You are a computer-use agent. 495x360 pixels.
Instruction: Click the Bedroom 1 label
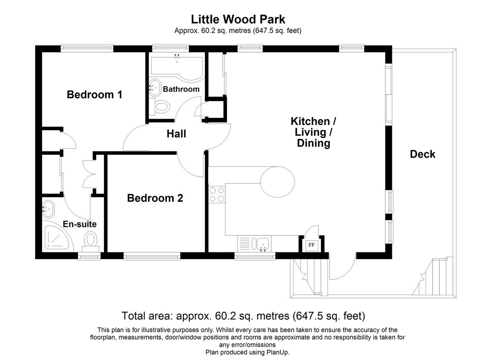pyautogui.click(x=94, y=94)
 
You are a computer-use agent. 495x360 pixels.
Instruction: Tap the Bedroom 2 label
pyautogui.click(x=155, y=198)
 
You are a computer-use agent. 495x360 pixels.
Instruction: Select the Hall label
pyautogui.click(x=176, y=134)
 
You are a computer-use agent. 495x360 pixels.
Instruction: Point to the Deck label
pyautogui.click(x=422, y=154)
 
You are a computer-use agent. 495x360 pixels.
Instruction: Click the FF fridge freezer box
pyautogui.click(x=311, y=245)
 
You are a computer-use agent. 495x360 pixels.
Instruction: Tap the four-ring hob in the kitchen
pyautogui.click(x=217, y=195)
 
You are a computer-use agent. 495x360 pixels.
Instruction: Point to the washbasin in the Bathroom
pyautogui.click(x=155, y=88)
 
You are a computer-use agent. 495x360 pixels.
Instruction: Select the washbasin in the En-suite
pyautogui.click(x=48, y=209)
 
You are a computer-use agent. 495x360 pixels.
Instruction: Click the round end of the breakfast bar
pyautogui.click(x=278, y=182)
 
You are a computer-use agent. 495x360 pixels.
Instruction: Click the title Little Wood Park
pyautogui.click(x=238, y=19)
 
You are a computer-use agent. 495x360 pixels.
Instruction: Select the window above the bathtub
pyautogui.click(x=170, y=48)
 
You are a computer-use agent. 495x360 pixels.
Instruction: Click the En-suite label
pyautogui.click(x=80, y=224)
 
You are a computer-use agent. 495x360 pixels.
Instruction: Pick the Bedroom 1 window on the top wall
pyautogui.click(x=87, y=48)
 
